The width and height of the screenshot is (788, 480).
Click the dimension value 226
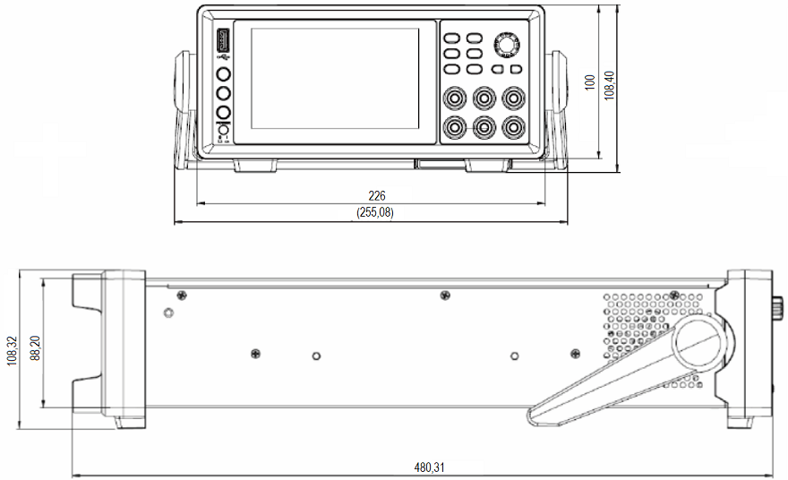[377, 195]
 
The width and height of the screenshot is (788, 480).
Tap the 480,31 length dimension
[428, 467]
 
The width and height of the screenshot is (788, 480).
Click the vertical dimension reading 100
[589, 81]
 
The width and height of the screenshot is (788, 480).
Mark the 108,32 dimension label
[11, 352]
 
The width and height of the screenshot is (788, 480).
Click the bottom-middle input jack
[484, 126]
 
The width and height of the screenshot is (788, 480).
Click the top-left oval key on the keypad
[452, 39]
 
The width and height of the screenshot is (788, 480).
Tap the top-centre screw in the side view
[445, 296]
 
